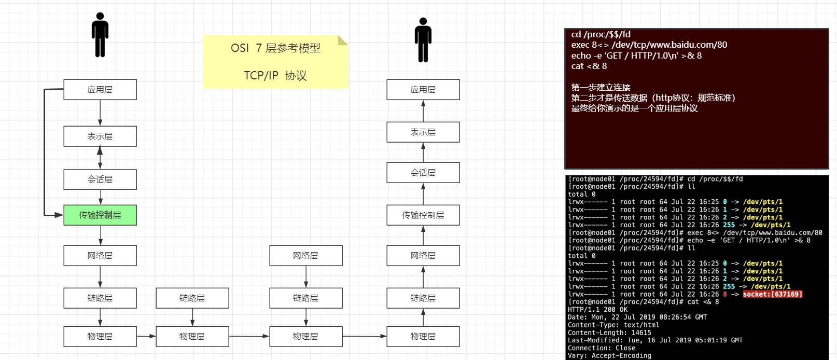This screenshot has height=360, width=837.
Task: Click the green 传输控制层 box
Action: click(100, 215)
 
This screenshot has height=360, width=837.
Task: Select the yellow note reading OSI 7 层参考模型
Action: click(276, 62)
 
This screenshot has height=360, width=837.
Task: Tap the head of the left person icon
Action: click(100, 16)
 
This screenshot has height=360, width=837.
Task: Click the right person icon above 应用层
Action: click(423, 39)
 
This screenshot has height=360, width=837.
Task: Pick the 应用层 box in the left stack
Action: click(100, 89)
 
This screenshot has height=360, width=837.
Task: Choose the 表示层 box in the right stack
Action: click(423, 132)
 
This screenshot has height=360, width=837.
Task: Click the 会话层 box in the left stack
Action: click(100, 179)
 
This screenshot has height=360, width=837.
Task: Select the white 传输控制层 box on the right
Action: click(423, 215)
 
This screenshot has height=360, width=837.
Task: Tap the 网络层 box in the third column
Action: click(306, 255)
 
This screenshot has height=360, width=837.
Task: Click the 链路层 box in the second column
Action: click(192, 298)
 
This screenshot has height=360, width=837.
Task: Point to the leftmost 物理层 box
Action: click(100, 337)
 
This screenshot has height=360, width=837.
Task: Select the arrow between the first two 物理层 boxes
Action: click(146, 337)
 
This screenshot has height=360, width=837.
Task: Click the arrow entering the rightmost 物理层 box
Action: click(365, 337)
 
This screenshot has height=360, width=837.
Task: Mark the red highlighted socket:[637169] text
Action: click(772, 294)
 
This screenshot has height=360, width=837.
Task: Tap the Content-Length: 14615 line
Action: click(609, 333)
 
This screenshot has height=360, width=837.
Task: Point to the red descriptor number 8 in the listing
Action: click(725, 294)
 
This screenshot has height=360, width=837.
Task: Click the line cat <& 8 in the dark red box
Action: click(589, 66)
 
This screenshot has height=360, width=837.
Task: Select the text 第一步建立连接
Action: click(601, 88)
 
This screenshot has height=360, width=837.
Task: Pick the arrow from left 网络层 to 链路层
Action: click(100, 276)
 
